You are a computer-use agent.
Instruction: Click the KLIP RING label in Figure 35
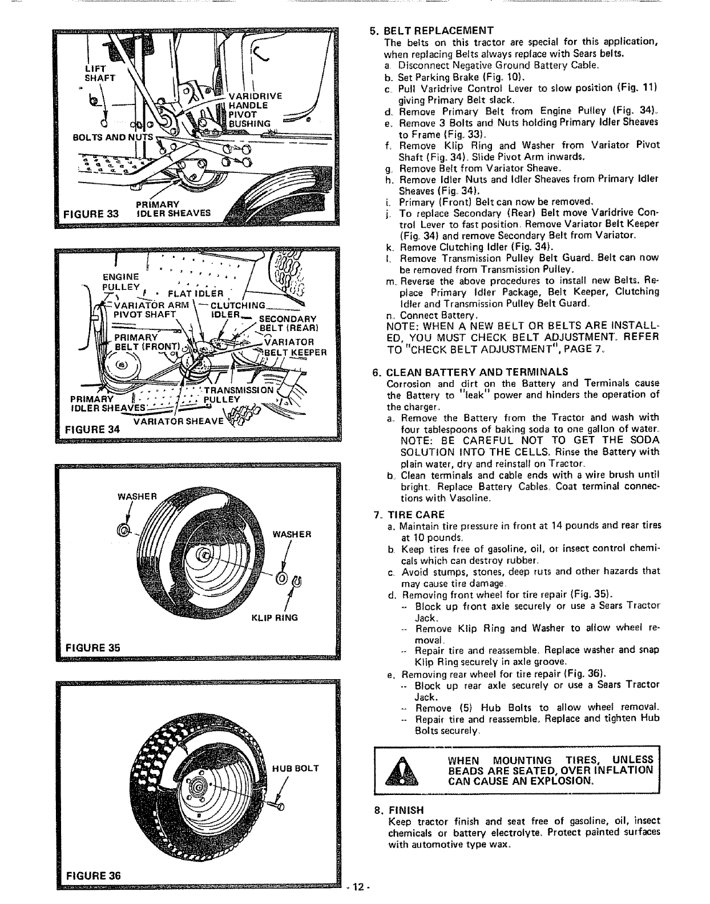click(279, 618)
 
